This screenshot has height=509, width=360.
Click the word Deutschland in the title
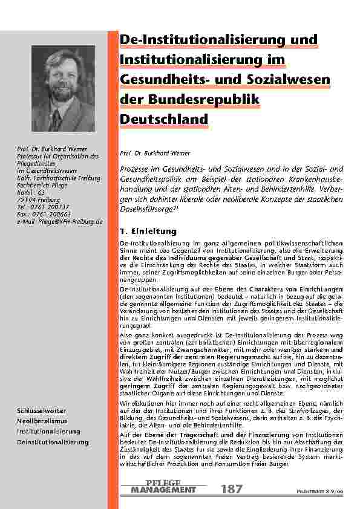click(x=164, y=120)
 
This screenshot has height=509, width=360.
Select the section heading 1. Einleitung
click(x=148, y=231)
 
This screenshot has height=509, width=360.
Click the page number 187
click(x=232, y=489)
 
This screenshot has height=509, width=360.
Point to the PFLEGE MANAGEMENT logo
click(x=163, y=488)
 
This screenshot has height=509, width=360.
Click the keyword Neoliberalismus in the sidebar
click(x=42, y=421)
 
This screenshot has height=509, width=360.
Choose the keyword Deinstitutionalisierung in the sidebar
click(x=53, y=442)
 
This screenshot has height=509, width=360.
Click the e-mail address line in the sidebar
click(x=60, y=222)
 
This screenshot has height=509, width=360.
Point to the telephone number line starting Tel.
click(x=44, y=207)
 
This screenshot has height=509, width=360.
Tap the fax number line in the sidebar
click(x=44, y=214)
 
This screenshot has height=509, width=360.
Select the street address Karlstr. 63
click(x=31, y=192)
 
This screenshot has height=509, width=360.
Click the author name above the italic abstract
click(x=147, y=154)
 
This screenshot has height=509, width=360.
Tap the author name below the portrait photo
click(x=52, y=149)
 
